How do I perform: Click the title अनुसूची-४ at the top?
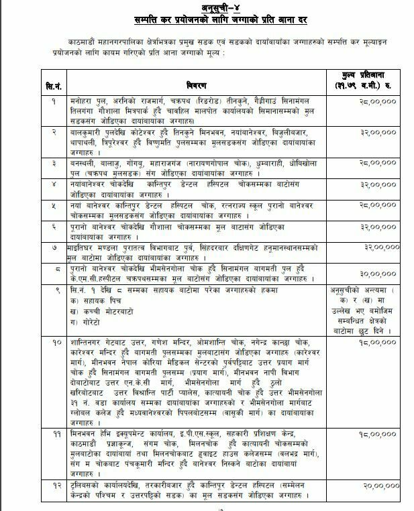(207, 7)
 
